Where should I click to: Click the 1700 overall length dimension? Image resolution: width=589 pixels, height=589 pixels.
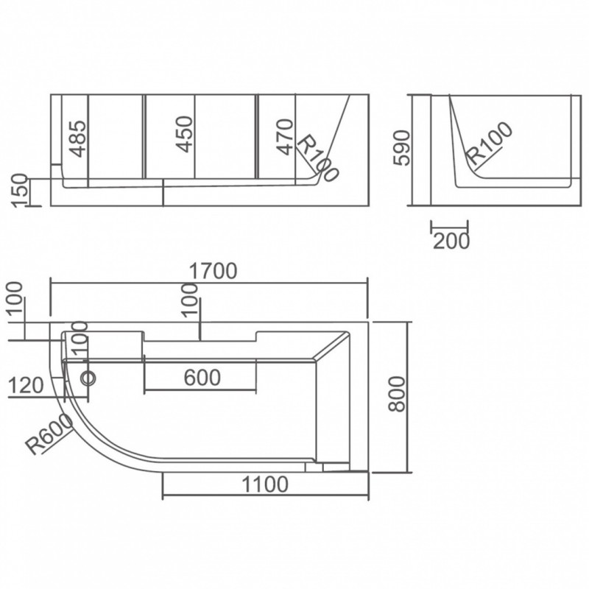click(x=213, y=271)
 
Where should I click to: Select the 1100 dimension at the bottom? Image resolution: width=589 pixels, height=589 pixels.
click(x=265, y=484)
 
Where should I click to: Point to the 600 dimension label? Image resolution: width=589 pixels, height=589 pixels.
click(x=202, y=378)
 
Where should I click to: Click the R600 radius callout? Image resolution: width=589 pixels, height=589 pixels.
click(x=49, y=434)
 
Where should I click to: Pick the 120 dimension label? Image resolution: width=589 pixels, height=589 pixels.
click(x=26, y=385)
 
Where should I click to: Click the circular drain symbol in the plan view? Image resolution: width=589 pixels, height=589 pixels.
click(x=89, y=378)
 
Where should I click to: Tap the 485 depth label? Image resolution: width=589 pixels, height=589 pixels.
click(x=78, y=138)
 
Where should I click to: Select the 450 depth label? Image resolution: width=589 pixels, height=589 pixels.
click(x=185, y=134)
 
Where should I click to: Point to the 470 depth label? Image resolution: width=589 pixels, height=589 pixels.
click(x=285, y=137)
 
